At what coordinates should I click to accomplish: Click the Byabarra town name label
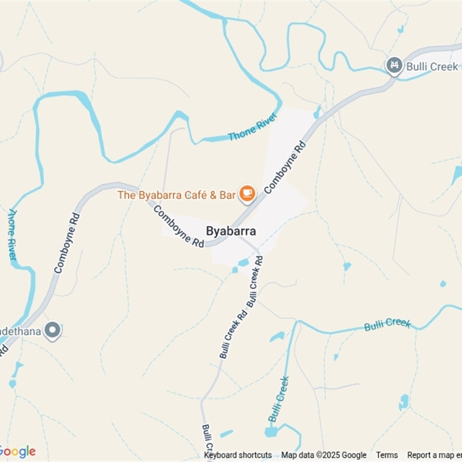tap(231, 231)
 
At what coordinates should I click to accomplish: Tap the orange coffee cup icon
tap(247, 194)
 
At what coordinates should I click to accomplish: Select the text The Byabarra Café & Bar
tap(177, 195)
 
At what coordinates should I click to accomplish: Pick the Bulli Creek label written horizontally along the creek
tap(387, 325)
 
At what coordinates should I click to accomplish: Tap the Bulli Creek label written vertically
tap(278, 399)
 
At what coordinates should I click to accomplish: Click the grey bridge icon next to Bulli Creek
tap(394, 65)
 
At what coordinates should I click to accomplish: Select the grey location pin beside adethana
tap(53, 330)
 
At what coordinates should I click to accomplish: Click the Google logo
tap(17, 452)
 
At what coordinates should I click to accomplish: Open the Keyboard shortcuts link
tap(238, 455)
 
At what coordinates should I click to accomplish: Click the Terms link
tap(387, 455)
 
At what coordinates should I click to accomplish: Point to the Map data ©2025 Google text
tap(324, 455)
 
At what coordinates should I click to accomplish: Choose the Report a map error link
tap(434, 455)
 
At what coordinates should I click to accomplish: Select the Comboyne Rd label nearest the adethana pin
tap(66, 243)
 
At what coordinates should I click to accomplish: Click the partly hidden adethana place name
tap(21, 330)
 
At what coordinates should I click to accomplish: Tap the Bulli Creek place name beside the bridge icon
tap(433, 66)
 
